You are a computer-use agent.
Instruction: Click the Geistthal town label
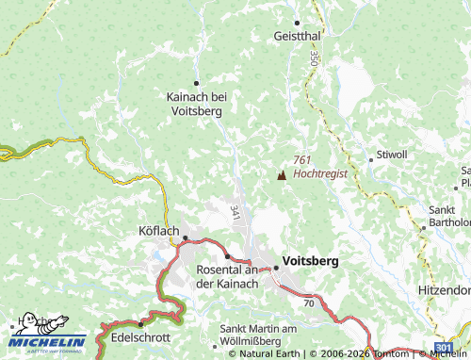pyautogui.click(x=297, y=35)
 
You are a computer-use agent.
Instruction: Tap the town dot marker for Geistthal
pyautogui.click(x=297, y=22)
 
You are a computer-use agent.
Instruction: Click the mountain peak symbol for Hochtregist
pyautogui.click(x=281, y=174)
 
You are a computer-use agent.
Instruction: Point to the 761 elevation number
pyautogui.click(x=301, y=161)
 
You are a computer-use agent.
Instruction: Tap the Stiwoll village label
pyautogui.click(x=392, y=153)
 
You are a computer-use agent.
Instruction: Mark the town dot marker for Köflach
pyautogui.click(x=185, y=238)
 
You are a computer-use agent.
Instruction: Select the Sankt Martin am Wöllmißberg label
pyautogui.click(x=258, y=334)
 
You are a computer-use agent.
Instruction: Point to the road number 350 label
pyautogui.click(x=313, y=57)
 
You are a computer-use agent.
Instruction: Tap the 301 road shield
pyautogui.click(x=444, y=350)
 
